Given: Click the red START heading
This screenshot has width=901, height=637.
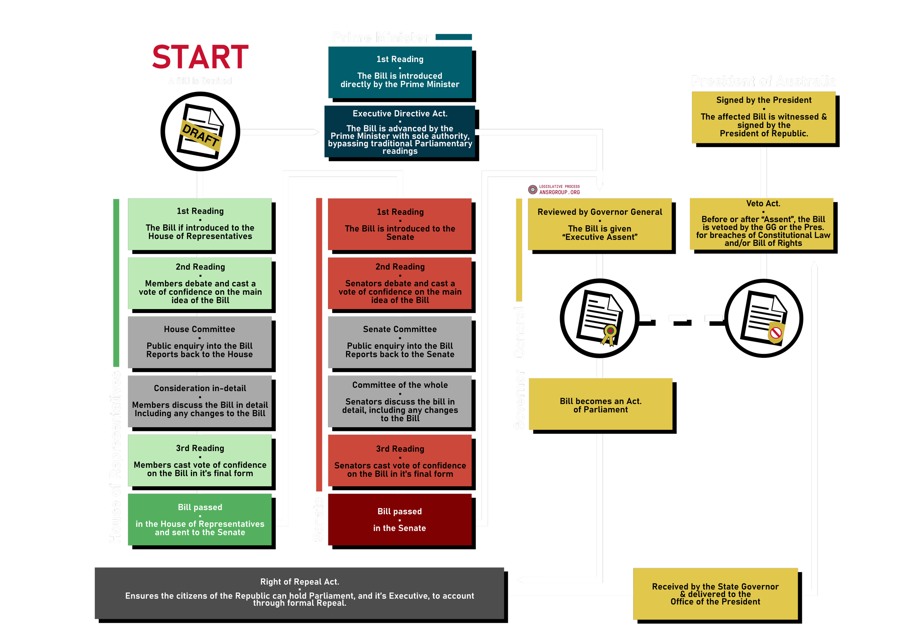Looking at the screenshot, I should click(200, 57).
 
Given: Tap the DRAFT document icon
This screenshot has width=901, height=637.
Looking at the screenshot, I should click(200, 132).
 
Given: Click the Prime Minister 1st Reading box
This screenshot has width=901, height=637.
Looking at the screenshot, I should click(400, 72).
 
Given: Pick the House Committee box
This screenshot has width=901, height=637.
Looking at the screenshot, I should click(200, 342).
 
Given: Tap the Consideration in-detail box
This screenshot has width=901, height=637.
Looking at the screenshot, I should click(200, 401).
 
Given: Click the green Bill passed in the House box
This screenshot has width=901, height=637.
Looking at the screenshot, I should click(200, 519).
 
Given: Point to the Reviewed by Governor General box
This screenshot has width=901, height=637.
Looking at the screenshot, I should click(600, 224).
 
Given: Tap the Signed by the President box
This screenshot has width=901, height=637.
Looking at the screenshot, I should click(763, 117).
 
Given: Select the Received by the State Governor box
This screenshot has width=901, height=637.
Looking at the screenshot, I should click(715, 594).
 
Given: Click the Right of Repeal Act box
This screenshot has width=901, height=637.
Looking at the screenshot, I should click(299, 593).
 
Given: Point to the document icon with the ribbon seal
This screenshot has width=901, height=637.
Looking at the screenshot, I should click(599, 318).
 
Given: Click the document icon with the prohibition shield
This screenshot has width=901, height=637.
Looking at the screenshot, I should click(763, 318).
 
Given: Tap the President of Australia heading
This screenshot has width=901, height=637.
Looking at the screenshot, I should click(763, 81).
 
